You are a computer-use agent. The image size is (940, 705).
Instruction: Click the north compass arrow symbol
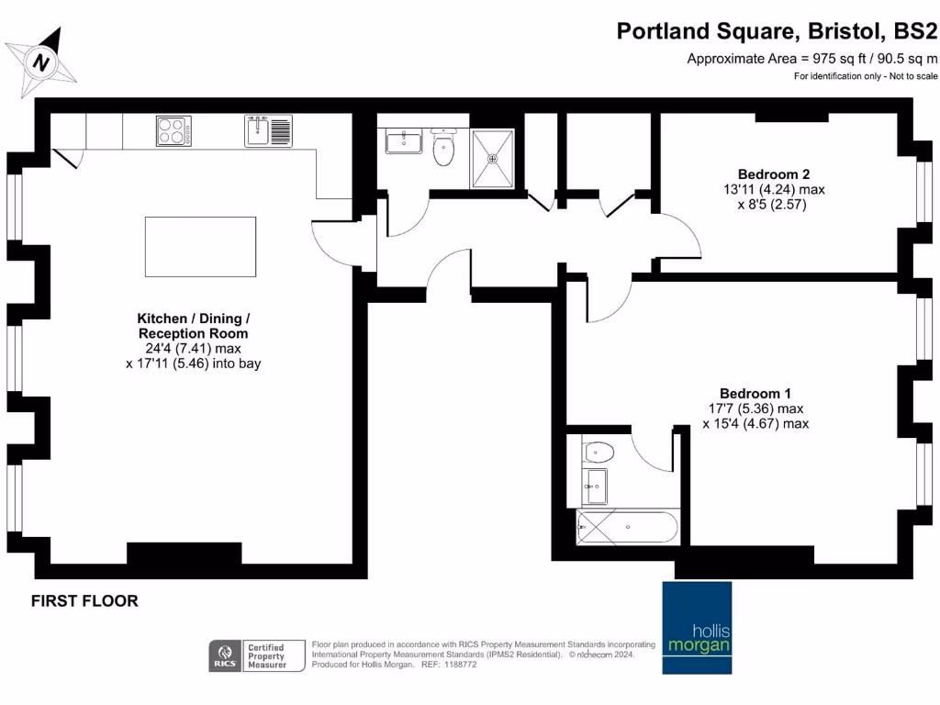coord(40,62)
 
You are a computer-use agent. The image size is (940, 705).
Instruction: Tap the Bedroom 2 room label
coord(774,174)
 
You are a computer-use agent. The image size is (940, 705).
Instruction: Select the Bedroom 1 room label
coord(755,392)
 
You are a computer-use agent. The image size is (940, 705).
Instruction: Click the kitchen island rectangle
coord(200,246)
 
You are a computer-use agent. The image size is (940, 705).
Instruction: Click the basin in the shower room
coord(402,142)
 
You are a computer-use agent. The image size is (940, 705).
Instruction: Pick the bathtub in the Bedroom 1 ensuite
coord(628,529)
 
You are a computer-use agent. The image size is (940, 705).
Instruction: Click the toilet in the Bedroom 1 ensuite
coord(599,452)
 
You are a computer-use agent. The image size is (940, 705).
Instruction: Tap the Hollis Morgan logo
coord(699,627)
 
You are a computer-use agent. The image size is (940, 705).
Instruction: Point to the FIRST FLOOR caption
coord(84,601)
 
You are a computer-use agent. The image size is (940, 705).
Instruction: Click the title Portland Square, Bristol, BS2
coord(777,31)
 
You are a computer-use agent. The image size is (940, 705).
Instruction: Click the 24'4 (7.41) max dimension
coord(193,349)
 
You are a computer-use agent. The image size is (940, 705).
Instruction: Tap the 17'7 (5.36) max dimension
coord(755,408)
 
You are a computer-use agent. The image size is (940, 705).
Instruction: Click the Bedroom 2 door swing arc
coord(682,235)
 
